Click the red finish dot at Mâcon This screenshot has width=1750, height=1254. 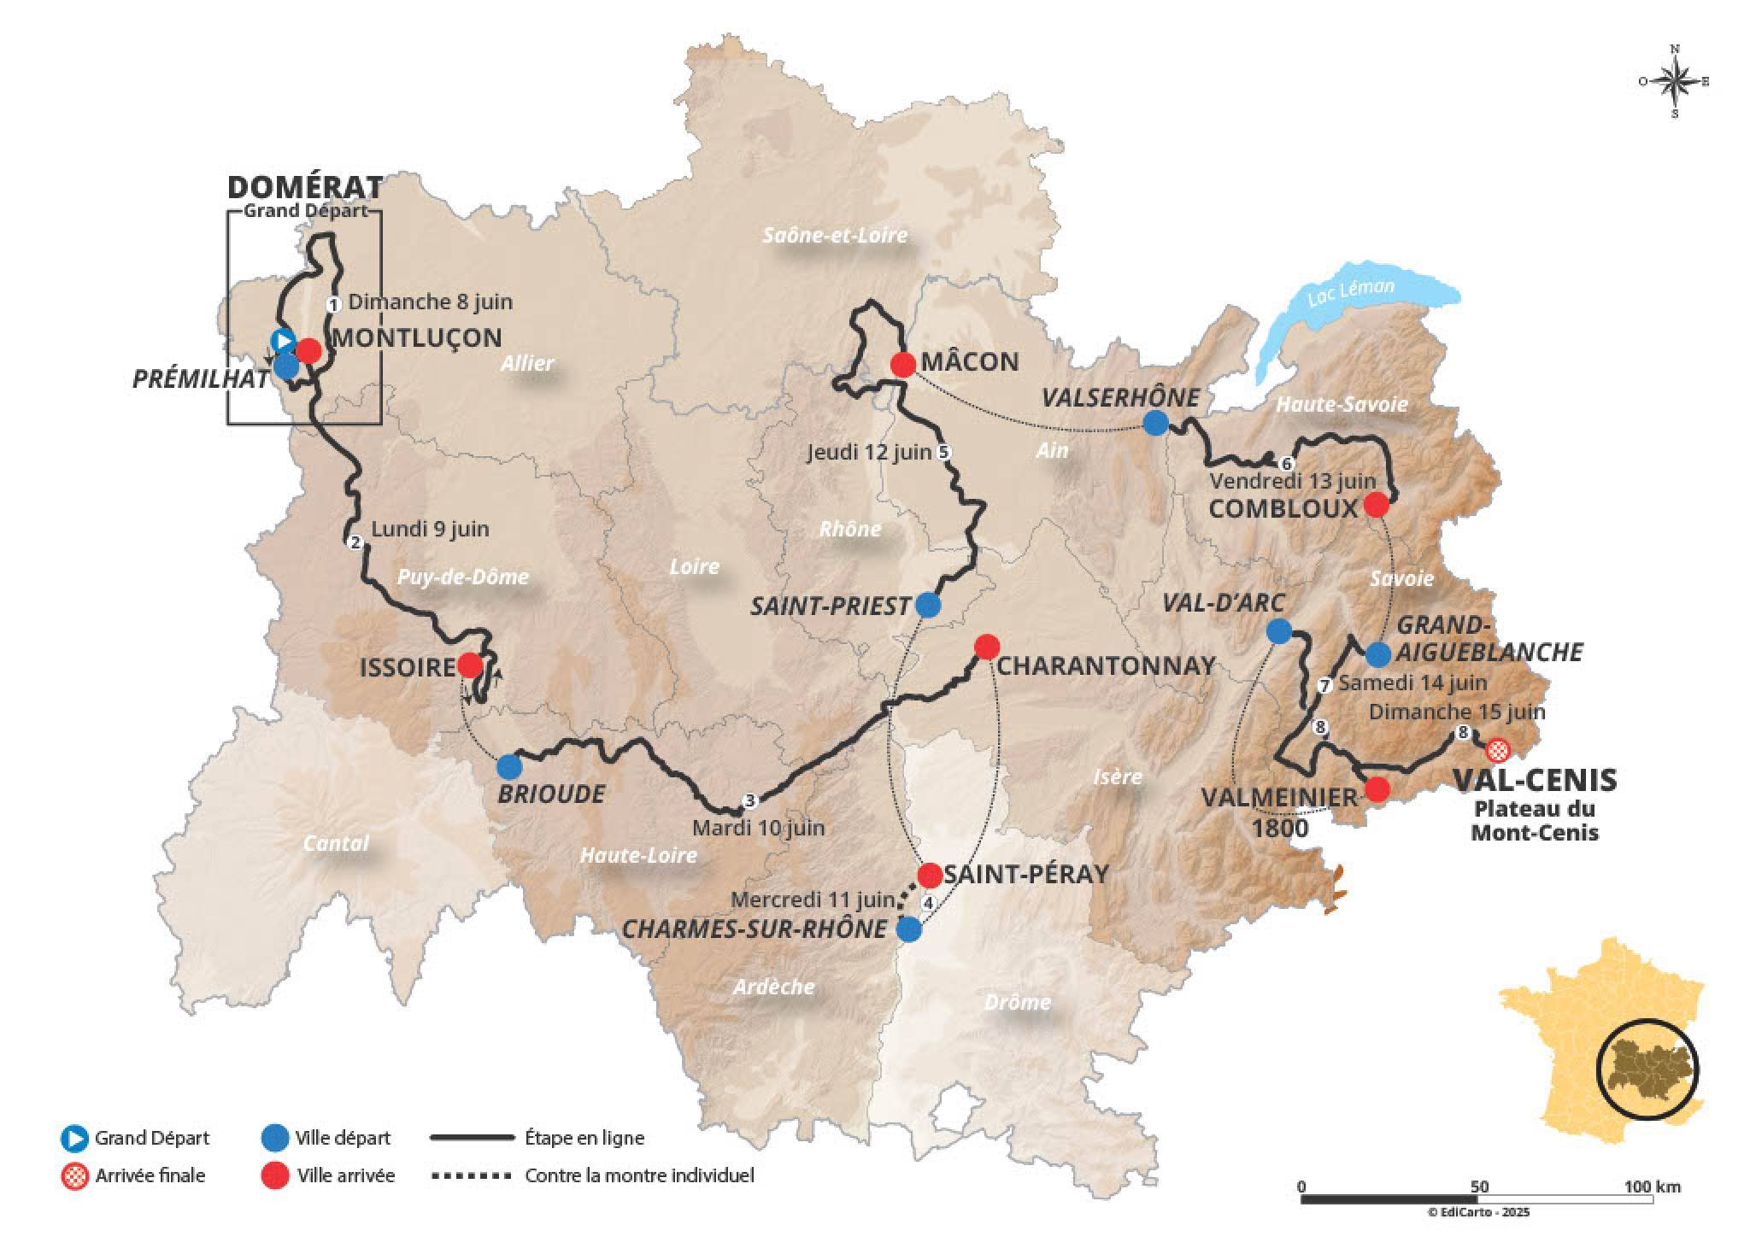pos(902,365)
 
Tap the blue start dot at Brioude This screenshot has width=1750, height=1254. pos(509,766)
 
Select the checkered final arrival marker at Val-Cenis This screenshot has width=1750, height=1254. pos(1498,750)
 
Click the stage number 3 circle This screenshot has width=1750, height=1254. pos(749,800)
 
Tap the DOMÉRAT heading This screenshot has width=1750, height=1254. pos(304,188)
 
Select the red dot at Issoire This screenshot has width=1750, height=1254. pos(469,665)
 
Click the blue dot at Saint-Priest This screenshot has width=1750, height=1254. pos(928,605)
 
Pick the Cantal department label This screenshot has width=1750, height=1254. pos(336,843)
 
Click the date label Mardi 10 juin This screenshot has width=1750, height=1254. pos(758,827)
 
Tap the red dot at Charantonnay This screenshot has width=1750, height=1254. pos(986,647)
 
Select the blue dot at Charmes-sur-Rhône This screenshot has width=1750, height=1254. pos(908,929)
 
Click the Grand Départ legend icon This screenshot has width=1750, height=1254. pos(74,1138)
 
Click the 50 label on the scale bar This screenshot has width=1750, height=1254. pos(1478,1187)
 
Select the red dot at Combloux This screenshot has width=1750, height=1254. pos(1376,505)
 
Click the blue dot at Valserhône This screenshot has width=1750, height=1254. pos(1155,422)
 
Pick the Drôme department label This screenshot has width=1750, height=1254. pos(1016,1001)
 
